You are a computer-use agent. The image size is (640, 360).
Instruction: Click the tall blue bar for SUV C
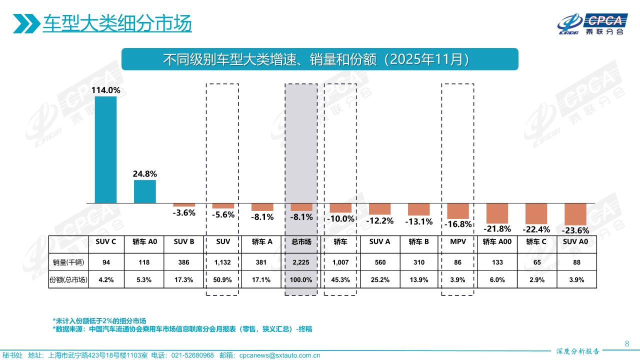105,149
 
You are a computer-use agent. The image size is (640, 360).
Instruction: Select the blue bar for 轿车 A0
144,191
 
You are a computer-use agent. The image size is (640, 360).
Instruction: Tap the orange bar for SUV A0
575,214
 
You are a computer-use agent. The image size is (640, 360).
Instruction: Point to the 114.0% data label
105,90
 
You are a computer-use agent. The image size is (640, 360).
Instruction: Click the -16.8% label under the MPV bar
458,224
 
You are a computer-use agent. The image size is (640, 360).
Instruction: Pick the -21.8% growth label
497,229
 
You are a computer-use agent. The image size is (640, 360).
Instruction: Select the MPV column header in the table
458,241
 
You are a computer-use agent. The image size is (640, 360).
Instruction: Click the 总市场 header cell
301,241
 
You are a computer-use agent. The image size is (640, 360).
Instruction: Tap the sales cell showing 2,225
301,262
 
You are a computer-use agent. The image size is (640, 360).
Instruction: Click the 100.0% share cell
301,280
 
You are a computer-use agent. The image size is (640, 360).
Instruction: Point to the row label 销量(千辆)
68,262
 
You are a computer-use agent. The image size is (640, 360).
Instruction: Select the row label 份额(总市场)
68,280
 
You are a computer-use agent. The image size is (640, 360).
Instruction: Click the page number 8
627,343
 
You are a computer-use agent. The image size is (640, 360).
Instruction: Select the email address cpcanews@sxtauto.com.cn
279,355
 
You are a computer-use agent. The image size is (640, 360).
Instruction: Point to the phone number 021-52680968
192,355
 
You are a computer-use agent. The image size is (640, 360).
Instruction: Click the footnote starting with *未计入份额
99,320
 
